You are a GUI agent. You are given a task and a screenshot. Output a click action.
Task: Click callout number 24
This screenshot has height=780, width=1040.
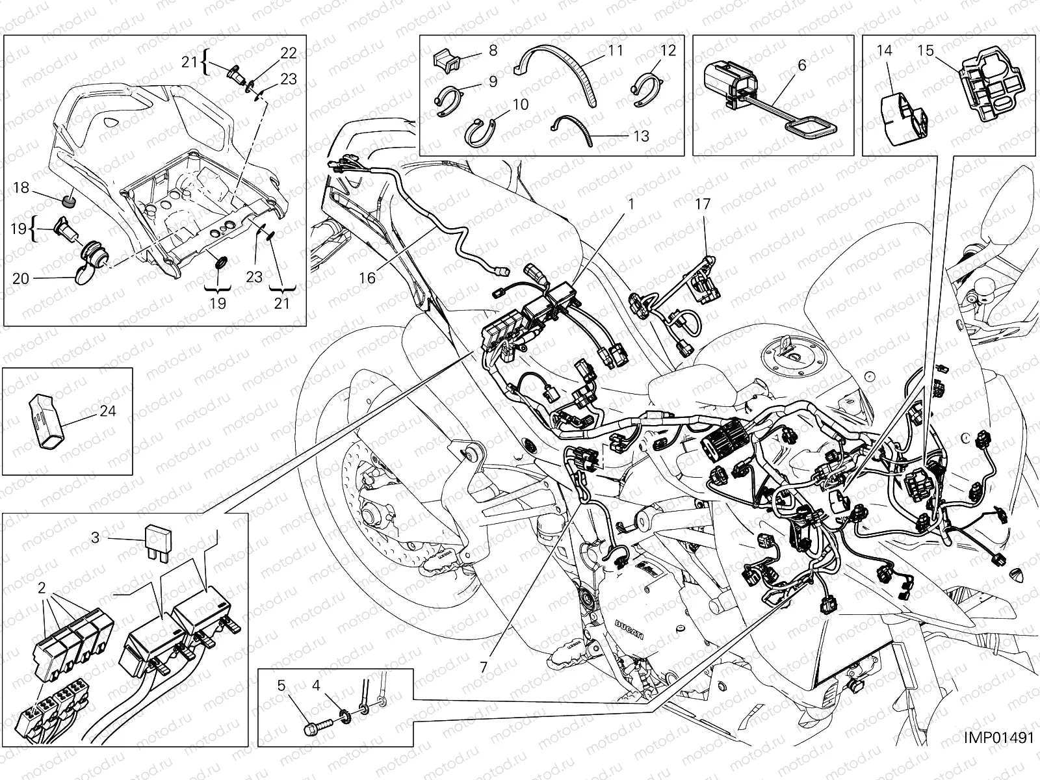pyautogui.click(x=108, y=411)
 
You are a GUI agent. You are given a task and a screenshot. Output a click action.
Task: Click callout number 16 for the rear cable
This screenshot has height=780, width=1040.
pyautogui.click(x=367, y=278)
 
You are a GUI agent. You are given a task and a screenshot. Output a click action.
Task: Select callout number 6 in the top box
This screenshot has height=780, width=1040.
pyautogui.click(x=801, y=64)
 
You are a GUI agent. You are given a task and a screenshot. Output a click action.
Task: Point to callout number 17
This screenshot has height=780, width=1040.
pyautogui.click(x=703, y=204)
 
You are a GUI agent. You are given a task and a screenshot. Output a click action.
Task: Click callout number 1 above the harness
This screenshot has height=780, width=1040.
pyautogui.click(x=630, y=204)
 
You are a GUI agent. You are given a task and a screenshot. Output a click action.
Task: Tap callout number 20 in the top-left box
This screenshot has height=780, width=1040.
pyautogui.click(x=21, y=278)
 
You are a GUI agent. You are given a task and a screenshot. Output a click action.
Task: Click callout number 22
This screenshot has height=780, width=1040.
pyautogui.click(x=288, y=53)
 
